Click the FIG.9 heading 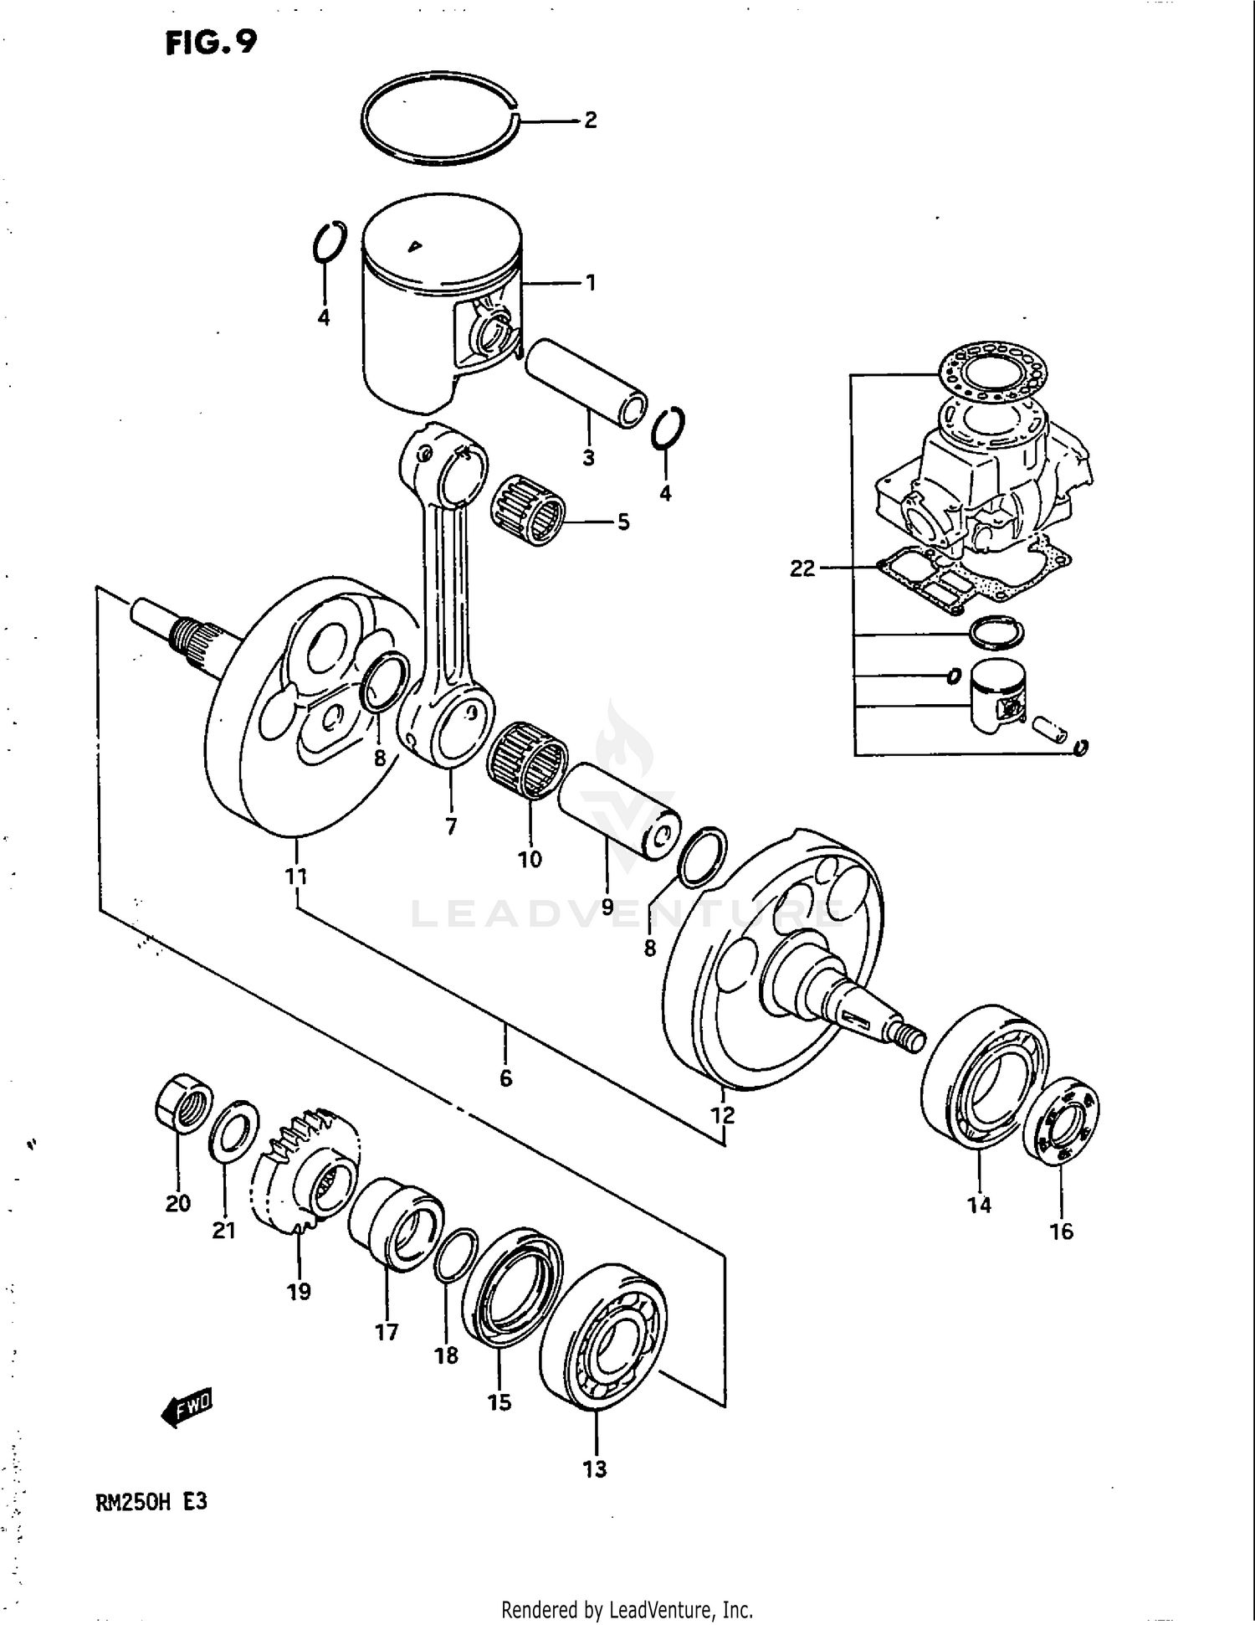point(211,42)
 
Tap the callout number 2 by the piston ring point(591,121)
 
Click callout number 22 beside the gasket point(802,568)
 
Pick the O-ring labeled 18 point(456,1255)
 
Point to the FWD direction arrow point(187,1408)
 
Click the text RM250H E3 point(151,1503)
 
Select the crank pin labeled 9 point(616,809)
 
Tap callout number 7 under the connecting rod point(451,827)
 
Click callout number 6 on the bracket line point(505,1079)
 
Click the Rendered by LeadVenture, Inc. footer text point(627,1609)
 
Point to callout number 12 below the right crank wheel point(722,1115)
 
